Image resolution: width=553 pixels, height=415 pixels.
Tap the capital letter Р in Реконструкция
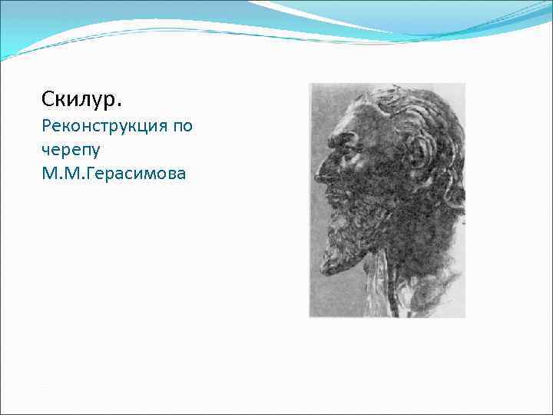pos(47,126)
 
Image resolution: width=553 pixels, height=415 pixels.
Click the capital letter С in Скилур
pos(48,100)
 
